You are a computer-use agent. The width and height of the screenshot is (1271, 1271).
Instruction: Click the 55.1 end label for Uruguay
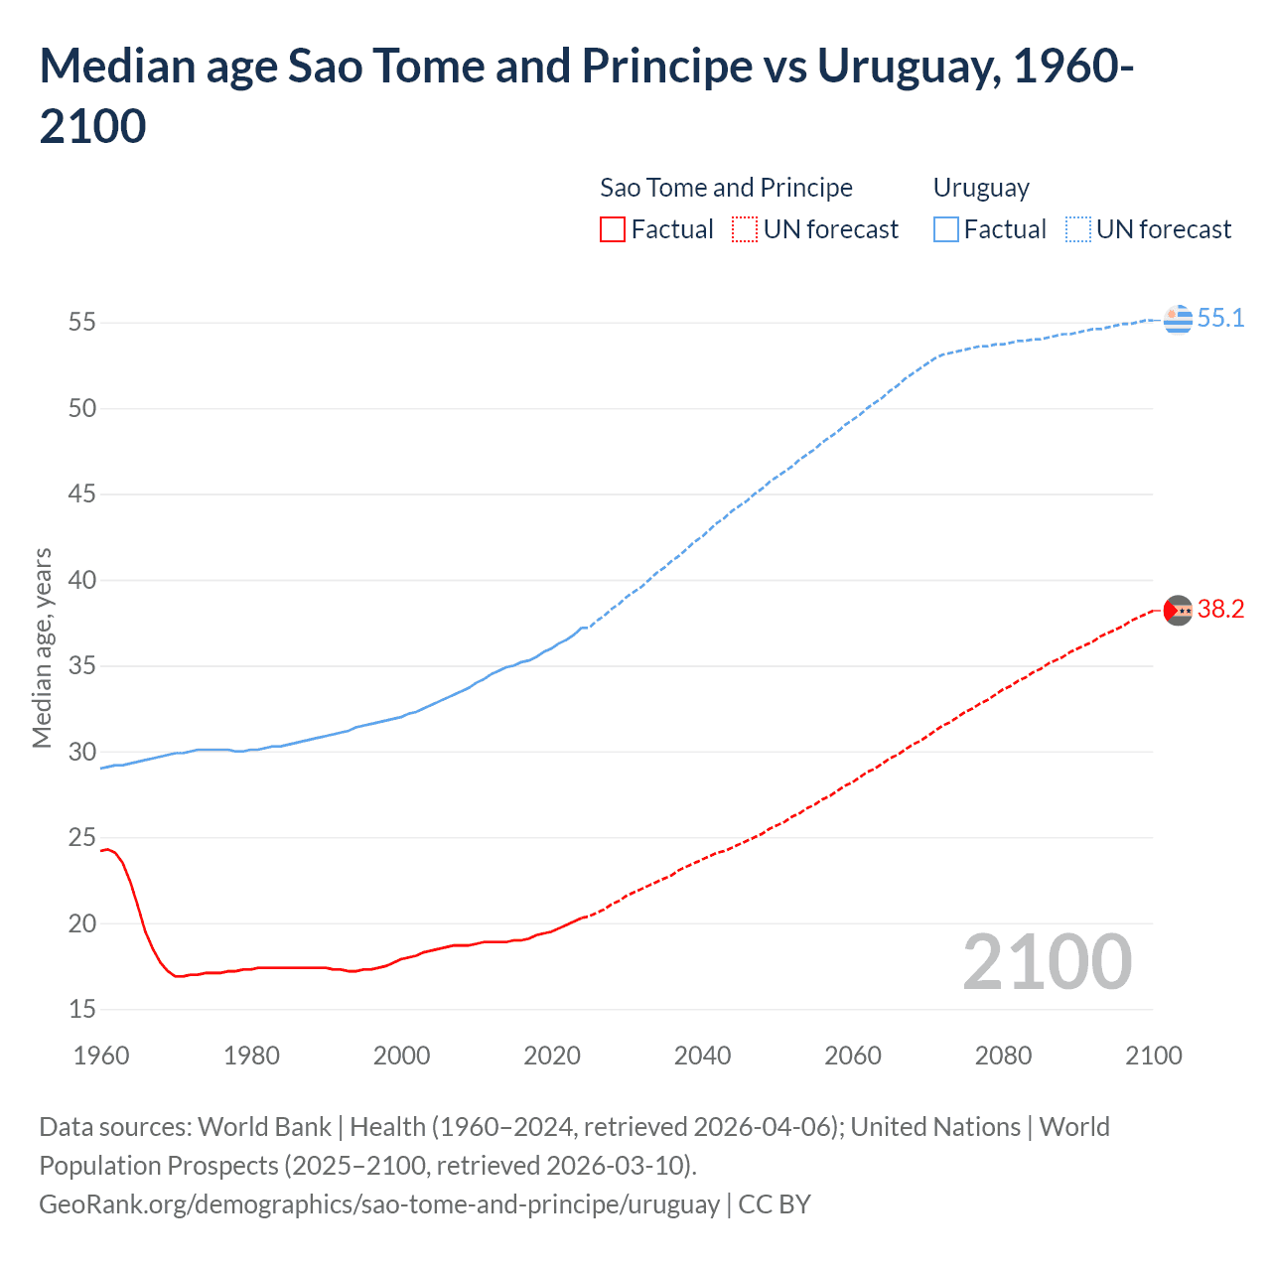point(1220,319)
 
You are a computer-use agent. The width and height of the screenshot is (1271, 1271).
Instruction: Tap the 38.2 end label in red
point(1220,610)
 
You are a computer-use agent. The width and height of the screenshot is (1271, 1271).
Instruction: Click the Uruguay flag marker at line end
point(1178,320)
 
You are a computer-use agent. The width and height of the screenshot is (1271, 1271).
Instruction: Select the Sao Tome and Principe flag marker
point(1178,610)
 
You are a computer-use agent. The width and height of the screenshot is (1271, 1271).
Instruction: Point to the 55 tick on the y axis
point(82,323)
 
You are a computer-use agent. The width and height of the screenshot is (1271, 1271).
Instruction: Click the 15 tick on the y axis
point(82,1010)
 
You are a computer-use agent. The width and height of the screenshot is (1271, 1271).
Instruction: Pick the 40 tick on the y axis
point(82,580)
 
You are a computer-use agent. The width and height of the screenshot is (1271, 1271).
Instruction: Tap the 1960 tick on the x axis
point(101,1056)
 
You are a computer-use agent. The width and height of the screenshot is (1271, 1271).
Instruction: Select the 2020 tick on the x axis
point(552,1056)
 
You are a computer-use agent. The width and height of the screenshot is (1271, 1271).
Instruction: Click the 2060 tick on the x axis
point(853,1056)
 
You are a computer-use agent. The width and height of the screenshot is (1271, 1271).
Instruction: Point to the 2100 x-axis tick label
point(1154,1056)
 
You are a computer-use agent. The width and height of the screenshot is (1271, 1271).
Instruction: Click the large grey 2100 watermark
point(1047,962)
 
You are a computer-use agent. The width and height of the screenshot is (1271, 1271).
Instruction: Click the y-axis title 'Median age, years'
point(42,647)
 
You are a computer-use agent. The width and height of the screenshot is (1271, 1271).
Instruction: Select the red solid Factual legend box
point(613,229)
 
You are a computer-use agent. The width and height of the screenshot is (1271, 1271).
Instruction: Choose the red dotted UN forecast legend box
point(745,229)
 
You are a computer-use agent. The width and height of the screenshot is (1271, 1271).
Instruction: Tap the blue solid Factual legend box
point(946,229)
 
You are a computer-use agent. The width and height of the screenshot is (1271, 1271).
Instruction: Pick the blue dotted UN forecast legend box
point(1077,229)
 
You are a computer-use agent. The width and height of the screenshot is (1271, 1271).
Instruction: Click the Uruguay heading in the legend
point(981,188)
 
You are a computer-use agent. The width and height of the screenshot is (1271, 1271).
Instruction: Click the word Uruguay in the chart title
point(902,67)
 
